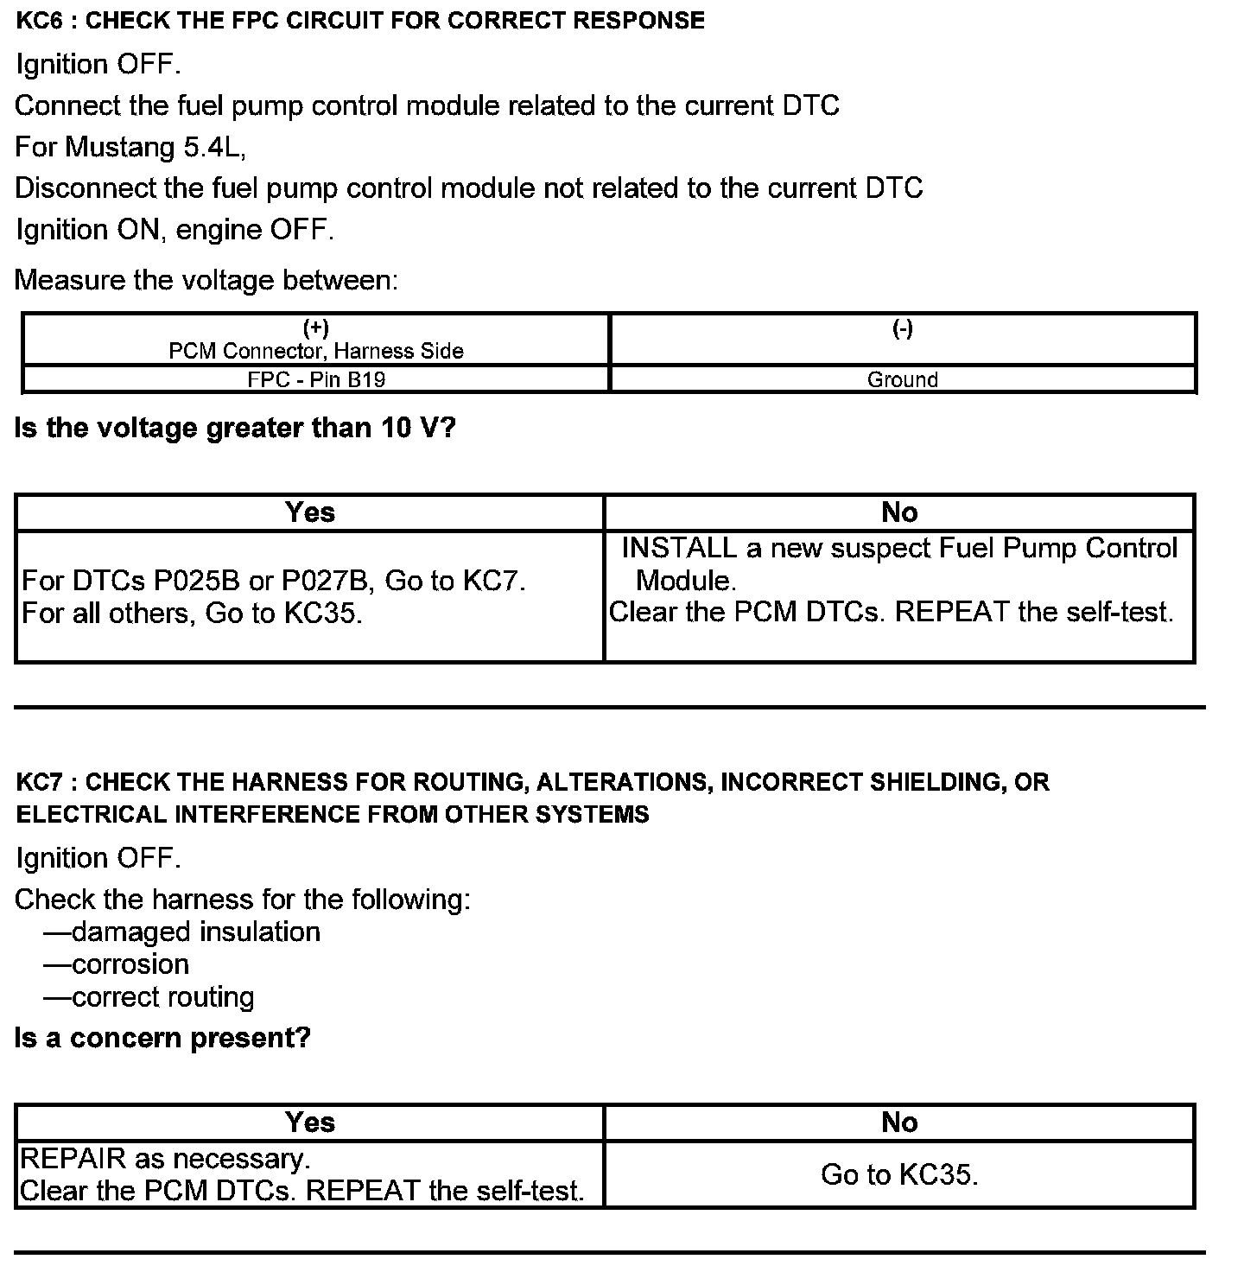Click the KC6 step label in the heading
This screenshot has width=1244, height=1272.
(36, 21)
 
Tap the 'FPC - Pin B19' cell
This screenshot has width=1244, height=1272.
(316, 379)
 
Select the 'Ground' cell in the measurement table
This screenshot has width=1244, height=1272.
(903, 379)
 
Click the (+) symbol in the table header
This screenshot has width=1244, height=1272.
(316, 328)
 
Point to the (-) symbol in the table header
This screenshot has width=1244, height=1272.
(903, 328)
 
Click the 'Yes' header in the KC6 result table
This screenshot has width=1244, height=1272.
(309, 512)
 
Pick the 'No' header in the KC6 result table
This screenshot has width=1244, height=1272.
(899, 512)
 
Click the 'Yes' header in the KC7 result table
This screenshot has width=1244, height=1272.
(309, 1122)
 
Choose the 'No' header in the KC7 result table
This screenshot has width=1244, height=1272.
(899, 1122)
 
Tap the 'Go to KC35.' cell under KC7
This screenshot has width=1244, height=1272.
(899, 1174)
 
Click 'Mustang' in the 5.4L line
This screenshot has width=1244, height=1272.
(120, 147)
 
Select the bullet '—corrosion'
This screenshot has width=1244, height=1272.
(117, 964)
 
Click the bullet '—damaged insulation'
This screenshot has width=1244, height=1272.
(182, 932)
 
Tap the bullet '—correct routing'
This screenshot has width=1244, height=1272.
(149, 997)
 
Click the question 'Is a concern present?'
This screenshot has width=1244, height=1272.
(162, 1037)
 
